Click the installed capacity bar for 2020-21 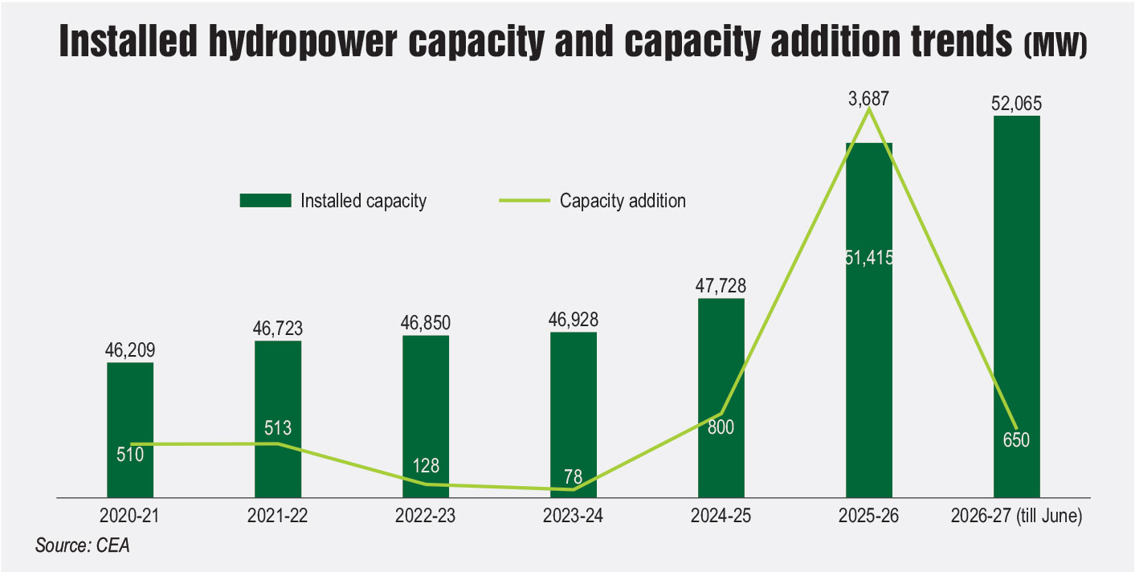[x=130, y=430]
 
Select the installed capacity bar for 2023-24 [x=574, y=415]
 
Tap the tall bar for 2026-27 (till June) [x=1017, y=307]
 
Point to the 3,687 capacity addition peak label [x=868, y=99]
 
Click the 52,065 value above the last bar [x=1016, y=104]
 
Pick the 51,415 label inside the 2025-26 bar [x=869, y=258]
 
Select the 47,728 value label [x=721, y=286]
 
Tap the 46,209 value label [x=130, y=350]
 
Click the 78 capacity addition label [x=573, y=476]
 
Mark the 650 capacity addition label [x=1016, y=439]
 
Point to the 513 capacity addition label [x=278, y=428]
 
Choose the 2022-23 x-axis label [x=425, y=516]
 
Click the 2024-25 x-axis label [x=721, y=516]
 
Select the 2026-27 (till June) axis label [x=1016, y=516]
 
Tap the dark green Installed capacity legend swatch [x=266, y=201]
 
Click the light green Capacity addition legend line [x=525, y=201]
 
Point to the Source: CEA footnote [x=82, y=545]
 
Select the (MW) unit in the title [x=1055, y=46]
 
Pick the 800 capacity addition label [x=721, y=427]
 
